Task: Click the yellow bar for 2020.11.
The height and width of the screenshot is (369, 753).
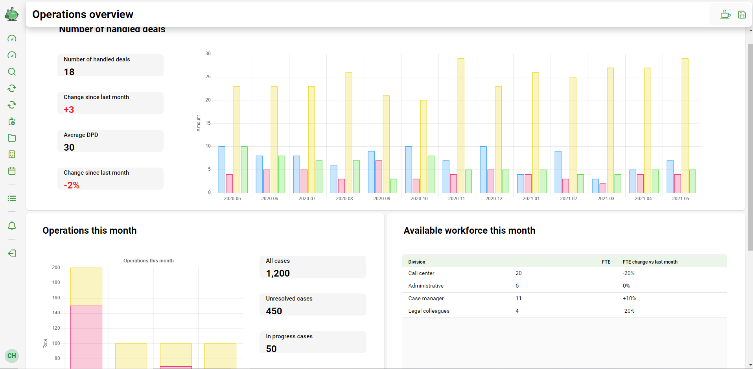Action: pos(461,126)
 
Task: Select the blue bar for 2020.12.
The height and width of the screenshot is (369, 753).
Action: pos(483,170)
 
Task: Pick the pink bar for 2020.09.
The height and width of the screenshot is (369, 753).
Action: pos(379,177)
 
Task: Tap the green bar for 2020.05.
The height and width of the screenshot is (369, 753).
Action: pos(244,170)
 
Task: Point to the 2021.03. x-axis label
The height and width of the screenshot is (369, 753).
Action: pos(606,199)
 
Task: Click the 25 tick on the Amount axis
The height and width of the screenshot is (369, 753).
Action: pos(208,77)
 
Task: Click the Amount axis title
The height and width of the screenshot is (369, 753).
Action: pos(199,123)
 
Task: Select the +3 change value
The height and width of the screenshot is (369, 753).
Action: pos(69,110)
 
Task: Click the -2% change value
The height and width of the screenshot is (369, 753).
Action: pos(72,185)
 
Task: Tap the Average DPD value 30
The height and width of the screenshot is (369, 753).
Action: pos(69,148)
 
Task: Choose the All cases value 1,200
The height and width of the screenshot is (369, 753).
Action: pos(278,273)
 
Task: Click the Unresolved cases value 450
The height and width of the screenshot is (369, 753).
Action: pos(274,311)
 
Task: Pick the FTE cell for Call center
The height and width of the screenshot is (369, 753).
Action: pos(519,273)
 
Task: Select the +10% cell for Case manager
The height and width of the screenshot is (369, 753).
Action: pos(629,298)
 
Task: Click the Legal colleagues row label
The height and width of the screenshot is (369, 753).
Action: pos(429,311)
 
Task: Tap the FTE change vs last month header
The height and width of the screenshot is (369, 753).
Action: pos(650,262)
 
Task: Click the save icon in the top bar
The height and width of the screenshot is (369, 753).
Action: pos(742,15)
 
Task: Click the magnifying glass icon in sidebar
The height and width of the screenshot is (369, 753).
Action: pos(12,72)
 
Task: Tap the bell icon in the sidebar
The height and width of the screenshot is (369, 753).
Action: pos(12,226)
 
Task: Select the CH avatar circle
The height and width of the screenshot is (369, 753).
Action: pos(12,356)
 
